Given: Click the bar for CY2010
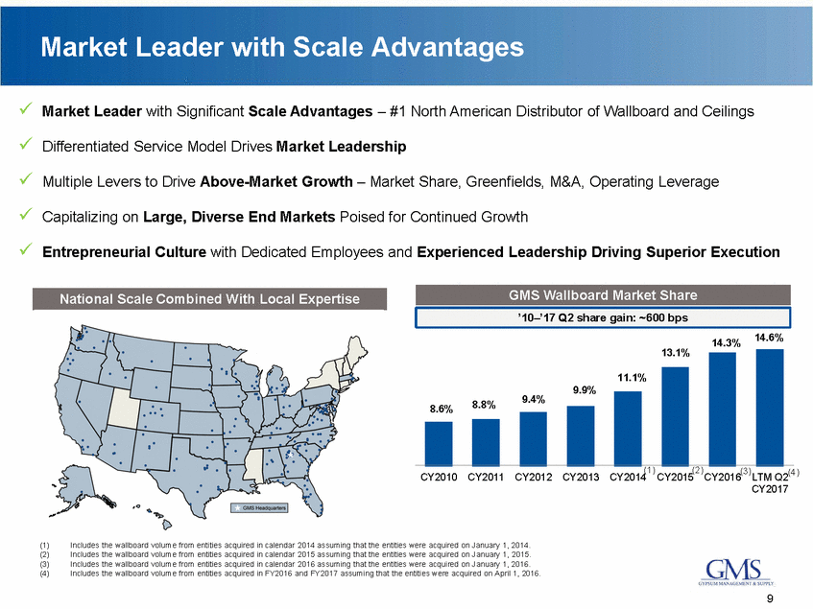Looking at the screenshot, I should tap(439, 442).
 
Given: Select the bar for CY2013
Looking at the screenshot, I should tap(582, 434).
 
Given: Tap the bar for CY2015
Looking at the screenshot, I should tap(676, 414).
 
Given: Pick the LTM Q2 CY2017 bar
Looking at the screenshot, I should tap(770, 406).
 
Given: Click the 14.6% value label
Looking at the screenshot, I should tap(769, 337).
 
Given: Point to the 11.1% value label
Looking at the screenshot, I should tap(628, 378).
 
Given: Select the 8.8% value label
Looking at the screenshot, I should tap(485, 405).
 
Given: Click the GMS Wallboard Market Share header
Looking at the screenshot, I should tap(604, 294).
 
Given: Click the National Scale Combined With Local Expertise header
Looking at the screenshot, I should tap(210, 299).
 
